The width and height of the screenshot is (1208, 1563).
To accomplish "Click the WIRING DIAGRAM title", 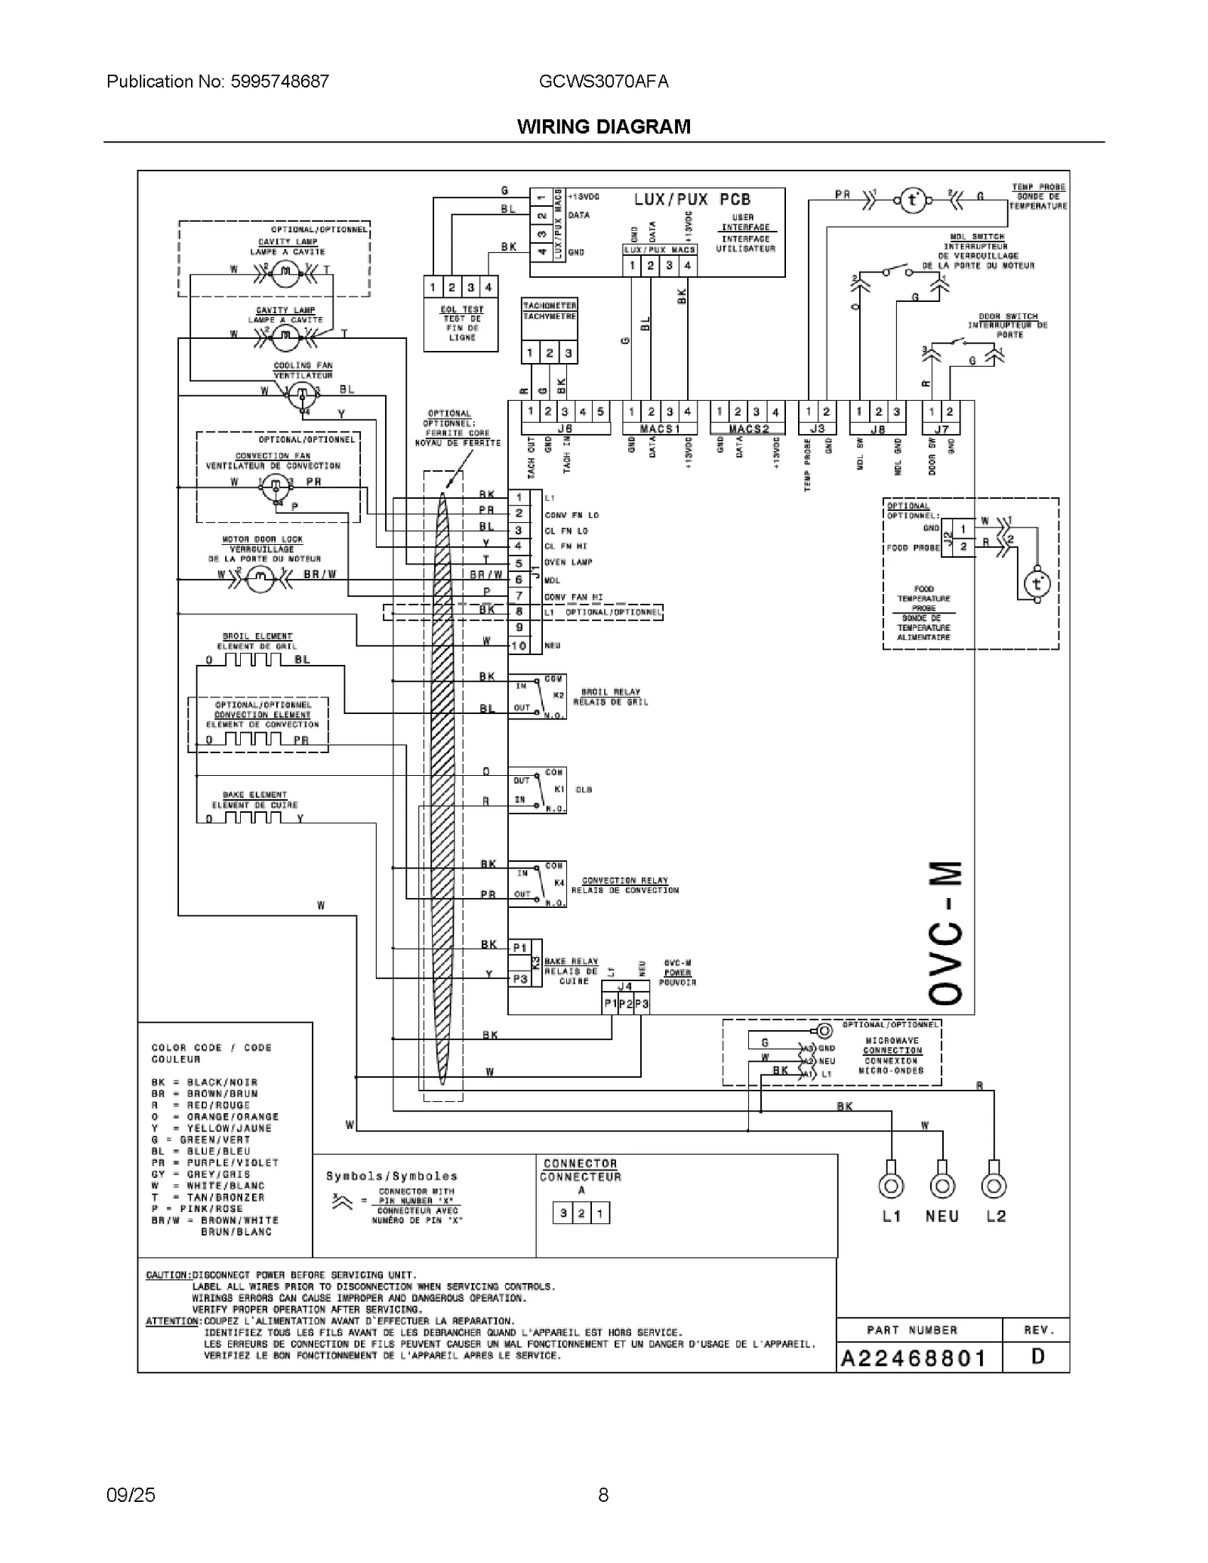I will point(603,127).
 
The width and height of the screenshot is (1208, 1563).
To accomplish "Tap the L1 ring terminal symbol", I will point(891,1186).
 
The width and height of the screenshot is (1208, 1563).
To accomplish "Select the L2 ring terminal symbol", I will point(994,1186).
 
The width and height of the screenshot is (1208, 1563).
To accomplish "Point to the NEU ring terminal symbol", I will point(941,1186).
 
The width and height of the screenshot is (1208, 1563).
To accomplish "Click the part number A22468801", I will point(914,1358).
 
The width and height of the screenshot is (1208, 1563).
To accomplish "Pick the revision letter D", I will point(1038,1357).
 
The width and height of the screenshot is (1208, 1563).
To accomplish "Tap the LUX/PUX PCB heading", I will point(692,200).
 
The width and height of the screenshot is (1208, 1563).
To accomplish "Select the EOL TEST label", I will point(462,309).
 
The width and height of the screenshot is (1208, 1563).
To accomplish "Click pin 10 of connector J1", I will point(519,646).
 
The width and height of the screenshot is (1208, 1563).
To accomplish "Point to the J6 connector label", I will point(565,429).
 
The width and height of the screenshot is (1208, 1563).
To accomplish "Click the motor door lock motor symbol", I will point(260,578).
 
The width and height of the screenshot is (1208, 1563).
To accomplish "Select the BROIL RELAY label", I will point(611,691).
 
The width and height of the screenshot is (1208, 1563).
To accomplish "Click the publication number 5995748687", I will point(218,82).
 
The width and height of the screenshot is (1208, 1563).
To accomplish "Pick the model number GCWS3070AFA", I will point(603,82).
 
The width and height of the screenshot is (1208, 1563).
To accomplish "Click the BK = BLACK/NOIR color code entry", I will point(205,1082).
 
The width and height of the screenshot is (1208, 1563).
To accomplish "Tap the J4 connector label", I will point(625,986).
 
